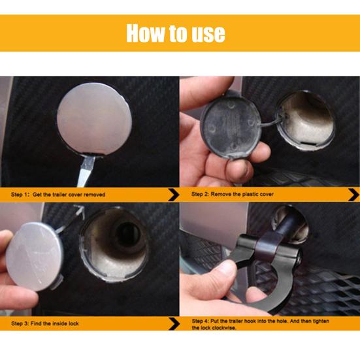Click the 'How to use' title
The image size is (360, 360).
pos(176,33)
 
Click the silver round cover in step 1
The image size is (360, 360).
pos(94,118)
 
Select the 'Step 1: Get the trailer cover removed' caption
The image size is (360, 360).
pos(58,195)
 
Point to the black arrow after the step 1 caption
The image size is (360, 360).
pos(174,195)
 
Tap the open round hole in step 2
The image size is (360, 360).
pos(305,120)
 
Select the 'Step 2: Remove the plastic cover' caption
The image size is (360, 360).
pos(233,194)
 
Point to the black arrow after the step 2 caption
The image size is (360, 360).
pos(354,195)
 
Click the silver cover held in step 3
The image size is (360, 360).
pos(35,256)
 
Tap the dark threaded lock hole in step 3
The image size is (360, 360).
pos(127,234)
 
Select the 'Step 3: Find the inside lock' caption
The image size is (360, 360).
pos(45,323)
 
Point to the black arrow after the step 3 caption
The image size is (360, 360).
pos(174,323)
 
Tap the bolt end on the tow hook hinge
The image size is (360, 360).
pos(299,255)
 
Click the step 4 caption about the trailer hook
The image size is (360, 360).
pos(260,324)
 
